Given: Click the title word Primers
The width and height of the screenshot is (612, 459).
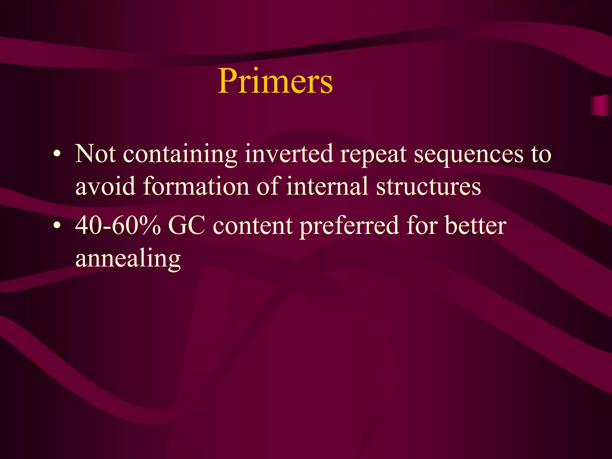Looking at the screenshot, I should (275, 81).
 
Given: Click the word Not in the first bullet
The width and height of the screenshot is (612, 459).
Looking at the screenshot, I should (95, 154).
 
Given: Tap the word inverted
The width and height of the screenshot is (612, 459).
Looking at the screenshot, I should (289, 154).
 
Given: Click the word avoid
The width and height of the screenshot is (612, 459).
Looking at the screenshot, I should (105, 186).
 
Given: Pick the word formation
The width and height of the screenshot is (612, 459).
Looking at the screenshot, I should (196, 186).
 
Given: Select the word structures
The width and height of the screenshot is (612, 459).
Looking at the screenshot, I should (428, 186).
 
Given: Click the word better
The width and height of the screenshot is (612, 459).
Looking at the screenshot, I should (475, 226).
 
